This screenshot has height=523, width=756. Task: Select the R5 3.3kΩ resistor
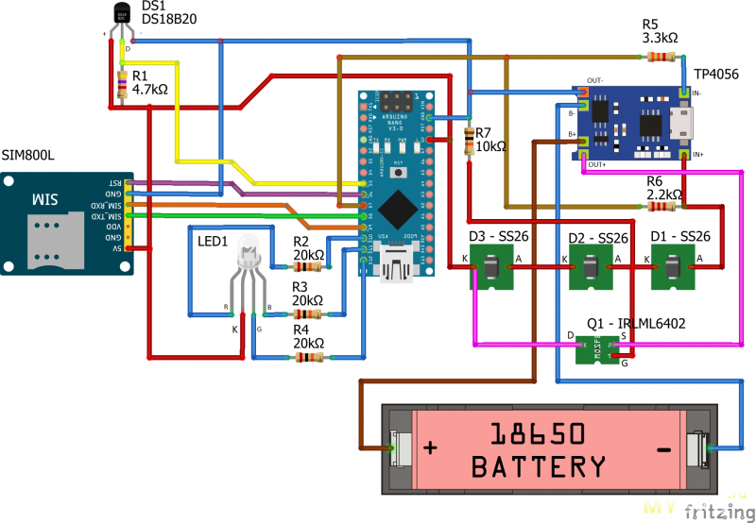coord(661,58)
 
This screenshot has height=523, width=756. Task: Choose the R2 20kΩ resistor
coord(309,266)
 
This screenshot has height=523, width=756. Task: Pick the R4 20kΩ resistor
coord(309,357)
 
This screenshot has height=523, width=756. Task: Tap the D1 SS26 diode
coord(672,269)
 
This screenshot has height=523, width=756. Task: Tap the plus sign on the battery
coord(431,447)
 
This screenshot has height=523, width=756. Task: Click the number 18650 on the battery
coord(539,434)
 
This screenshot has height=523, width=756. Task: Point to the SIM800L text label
coord(28,154)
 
